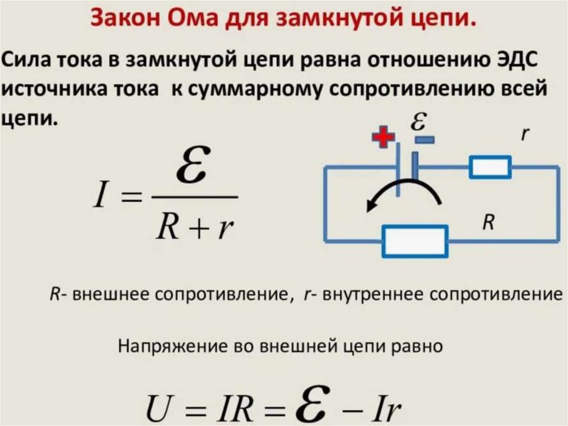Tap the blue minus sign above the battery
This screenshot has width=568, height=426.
tap(424, 139)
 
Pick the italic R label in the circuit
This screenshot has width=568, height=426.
tap(488, 223)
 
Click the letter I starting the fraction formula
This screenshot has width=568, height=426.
tap(99, 198)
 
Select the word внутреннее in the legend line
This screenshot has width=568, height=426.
tap(365, 294)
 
